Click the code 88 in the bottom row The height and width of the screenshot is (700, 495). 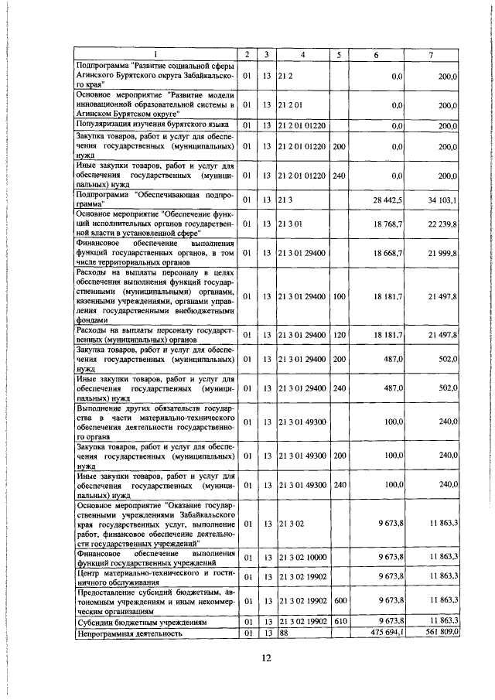click(x=284, y=633)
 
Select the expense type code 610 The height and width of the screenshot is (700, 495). click(x=339, y=621)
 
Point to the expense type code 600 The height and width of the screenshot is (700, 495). click(x=339, y=600)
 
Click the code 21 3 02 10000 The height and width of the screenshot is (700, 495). click(x=303, y=557)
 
